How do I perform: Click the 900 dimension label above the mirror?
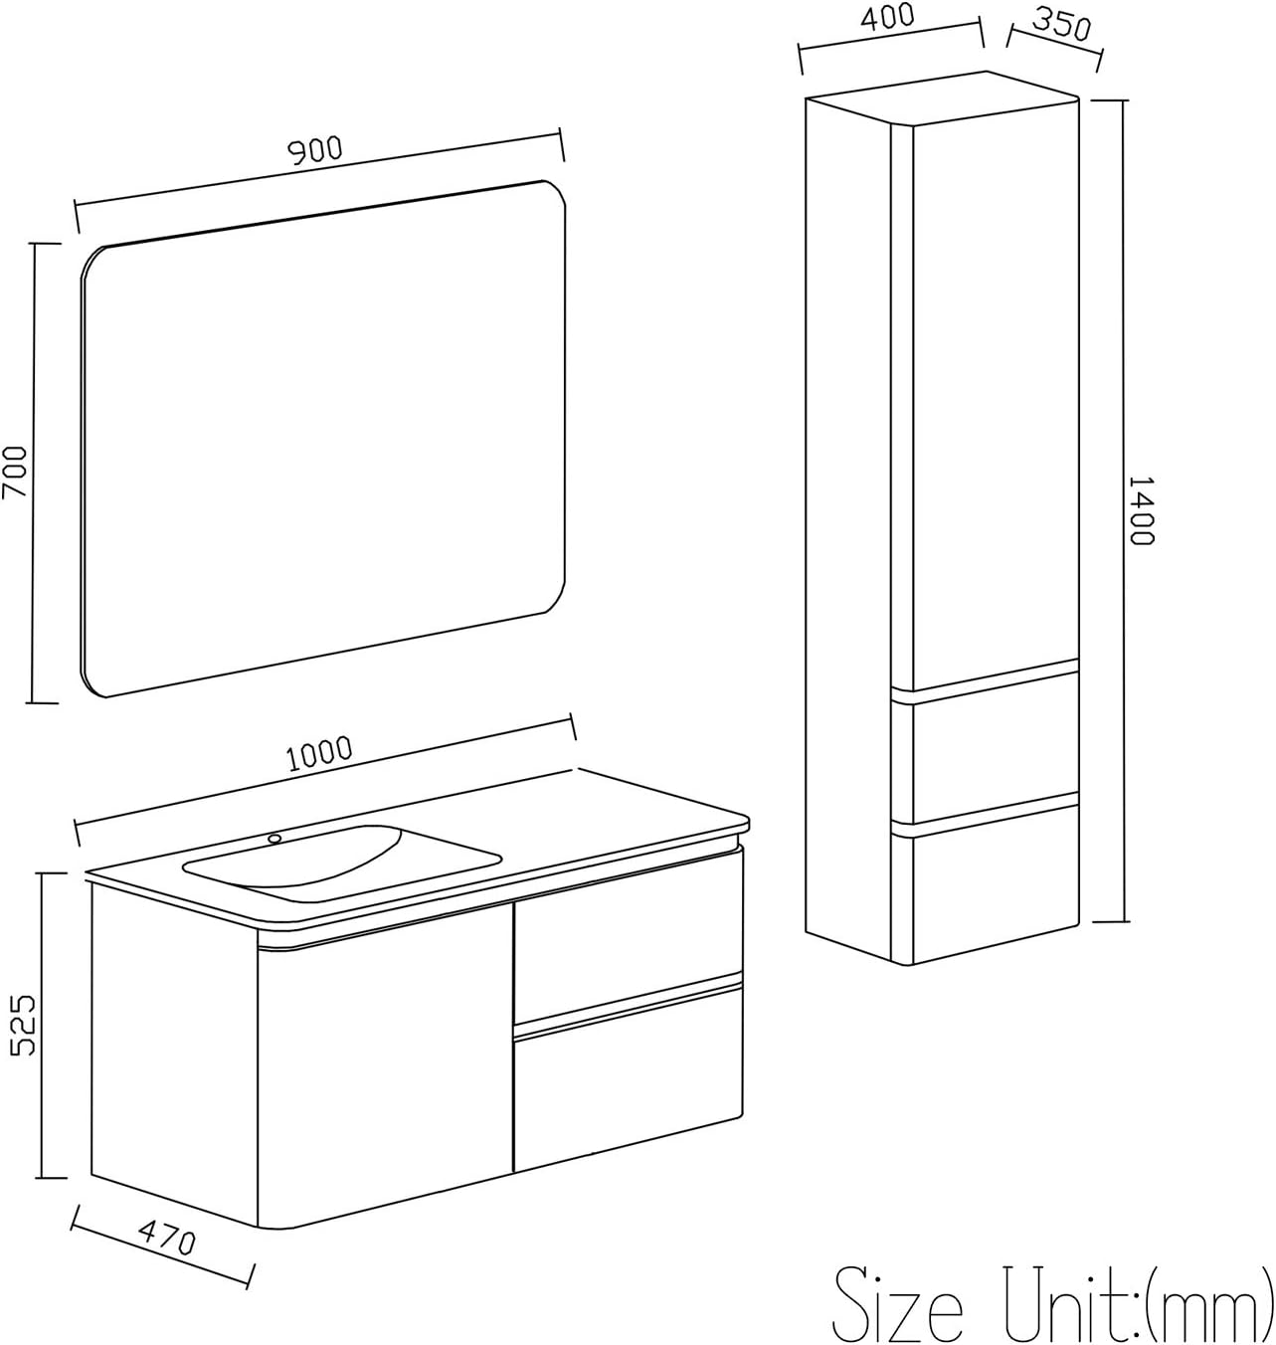pyautogui.click(x=314, y=149)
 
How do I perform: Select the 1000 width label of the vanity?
pyautogui.click(x=319, y=754)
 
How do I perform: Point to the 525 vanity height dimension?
pyautogui.click(x=23, y=1026)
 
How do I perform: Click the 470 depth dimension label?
pyautogui.click(x=164, y=1240)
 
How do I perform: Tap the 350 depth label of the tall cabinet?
pyautogui.click(x=1061, y=26)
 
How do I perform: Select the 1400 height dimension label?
pyautogui.click(x=1141, y=510)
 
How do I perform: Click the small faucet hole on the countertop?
pyautogui.click(x=274, y=839)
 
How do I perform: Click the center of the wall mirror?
pyautogui.click(x=323, y=438)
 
